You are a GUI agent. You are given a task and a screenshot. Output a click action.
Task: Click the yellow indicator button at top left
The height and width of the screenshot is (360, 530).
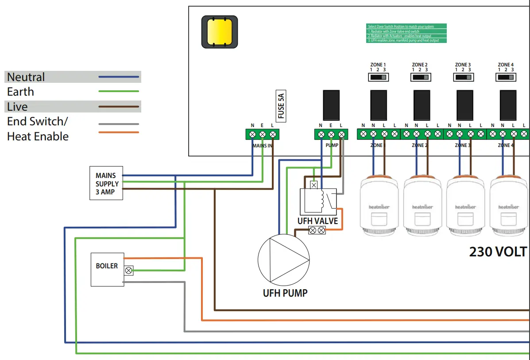pos(220,32)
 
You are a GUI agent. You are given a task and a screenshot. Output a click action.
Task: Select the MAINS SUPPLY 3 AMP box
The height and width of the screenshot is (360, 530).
pos(106,183)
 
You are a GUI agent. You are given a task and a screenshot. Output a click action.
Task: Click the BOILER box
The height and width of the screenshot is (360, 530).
pos(107,269)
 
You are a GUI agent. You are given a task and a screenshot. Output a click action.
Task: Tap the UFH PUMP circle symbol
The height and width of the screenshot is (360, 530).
pos(283,259)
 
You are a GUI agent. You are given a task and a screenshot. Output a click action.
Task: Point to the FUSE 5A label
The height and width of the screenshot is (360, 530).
pos(281,107)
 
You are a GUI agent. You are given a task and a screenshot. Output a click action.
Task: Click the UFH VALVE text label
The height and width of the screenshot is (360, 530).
pos(317,221)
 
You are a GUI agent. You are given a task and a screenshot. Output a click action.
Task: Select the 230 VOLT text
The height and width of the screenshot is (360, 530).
pos(499,252)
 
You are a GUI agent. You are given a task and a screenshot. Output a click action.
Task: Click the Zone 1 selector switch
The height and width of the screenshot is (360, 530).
pos(378,77)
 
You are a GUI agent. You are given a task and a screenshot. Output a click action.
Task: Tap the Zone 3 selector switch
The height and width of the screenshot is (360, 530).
pos(463,77)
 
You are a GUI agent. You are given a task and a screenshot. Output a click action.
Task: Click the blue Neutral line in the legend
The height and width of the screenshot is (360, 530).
pos(119,77)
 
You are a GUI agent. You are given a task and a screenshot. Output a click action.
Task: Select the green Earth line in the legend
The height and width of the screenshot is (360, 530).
pos(119,92)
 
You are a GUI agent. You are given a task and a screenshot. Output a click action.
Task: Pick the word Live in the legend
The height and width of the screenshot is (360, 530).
pos(17,107)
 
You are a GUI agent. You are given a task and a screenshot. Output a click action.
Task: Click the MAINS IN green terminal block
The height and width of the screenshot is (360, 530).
pos(262,134)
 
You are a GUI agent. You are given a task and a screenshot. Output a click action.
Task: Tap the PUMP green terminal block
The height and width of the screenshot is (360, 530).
pos(330,134)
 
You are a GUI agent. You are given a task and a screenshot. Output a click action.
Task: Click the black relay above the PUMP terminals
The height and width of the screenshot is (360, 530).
pos(331,105)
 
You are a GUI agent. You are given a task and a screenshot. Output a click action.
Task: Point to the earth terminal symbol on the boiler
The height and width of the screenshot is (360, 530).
pos(129,270)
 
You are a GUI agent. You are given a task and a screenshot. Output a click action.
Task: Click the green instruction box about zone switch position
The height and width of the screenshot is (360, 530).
pos(406,33)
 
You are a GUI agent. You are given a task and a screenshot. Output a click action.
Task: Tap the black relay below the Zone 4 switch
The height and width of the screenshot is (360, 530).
pos(507,105)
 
